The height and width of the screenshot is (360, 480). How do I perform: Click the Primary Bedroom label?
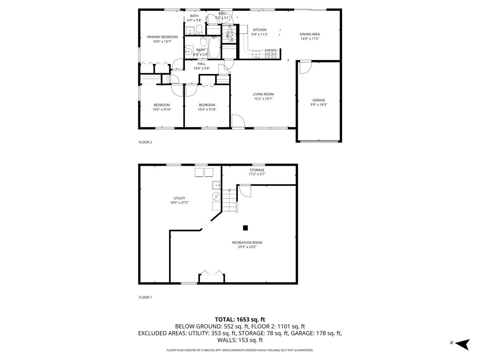162,37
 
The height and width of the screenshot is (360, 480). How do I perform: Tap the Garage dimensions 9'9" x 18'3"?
319,105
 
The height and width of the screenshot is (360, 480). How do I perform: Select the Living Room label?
263,94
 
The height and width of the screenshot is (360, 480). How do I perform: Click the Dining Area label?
310,34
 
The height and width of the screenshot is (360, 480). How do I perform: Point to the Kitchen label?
260,30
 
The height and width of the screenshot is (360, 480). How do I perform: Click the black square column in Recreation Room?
246,228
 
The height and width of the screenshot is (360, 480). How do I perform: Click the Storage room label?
257,170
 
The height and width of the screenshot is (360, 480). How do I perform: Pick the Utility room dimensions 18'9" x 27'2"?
179,203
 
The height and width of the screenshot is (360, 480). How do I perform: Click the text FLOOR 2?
145,142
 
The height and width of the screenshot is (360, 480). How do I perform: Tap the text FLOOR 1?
145,297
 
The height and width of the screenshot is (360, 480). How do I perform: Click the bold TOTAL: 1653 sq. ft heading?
240,319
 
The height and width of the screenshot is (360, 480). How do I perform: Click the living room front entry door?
237,121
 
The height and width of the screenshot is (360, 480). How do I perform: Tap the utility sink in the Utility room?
216,185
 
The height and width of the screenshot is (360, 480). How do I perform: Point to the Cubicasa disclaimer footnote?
240,350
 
